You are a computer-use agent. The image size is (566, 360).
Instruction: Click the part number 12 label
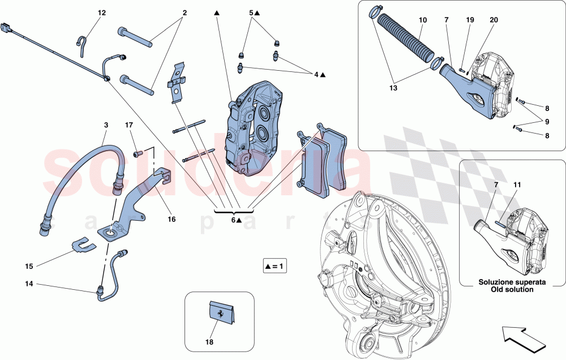pyautogui.click(x=101, y=12)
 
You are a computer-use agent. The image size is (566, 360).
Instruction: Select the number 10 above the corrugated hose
pyautogui.click(x=423, y=20)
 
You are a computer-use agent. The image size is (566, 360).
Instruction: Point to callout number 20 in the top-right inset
pyautogui.click(x=494, y=20)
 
